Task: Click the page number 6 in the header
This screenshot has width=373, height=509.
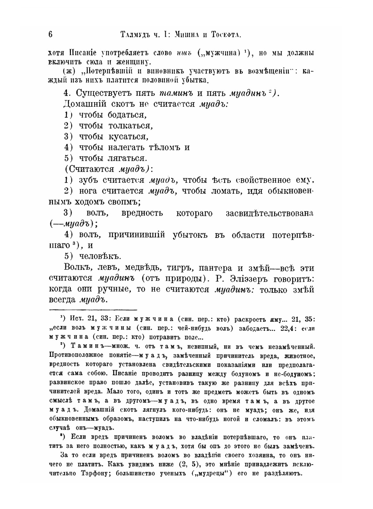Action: [50, 35]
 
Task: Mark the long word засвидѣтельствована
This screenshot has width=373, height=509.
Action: [270, 213]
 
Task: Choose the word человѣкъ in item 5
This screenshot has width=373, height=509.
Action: [100, 257]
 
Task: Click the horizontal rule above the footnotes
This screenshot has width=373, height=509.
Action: [93, 309]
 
